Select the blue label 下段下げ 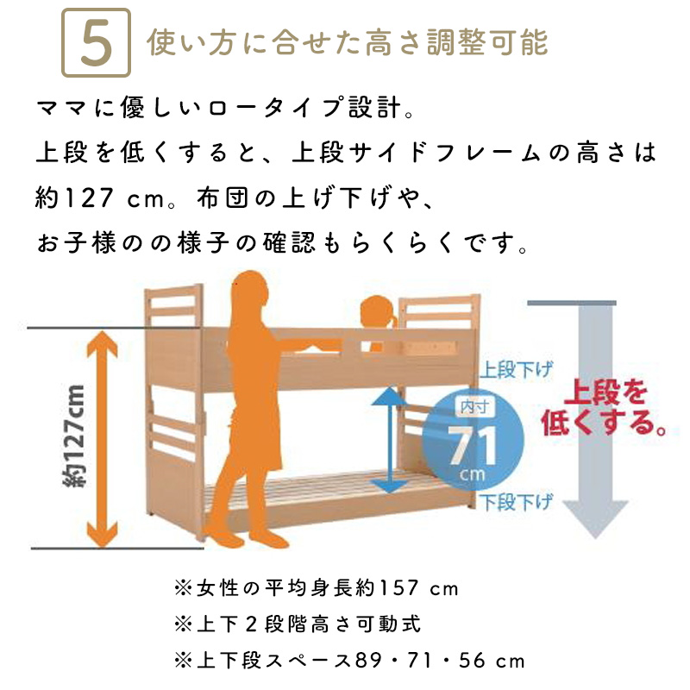[515, 503]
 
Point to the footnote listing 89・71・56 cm [349, 661]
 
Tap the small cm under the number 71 [472, 474]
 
